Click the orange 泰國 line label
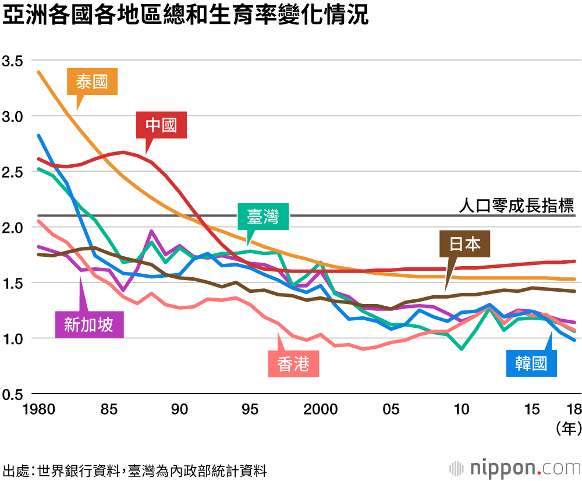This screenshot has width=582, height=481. [x=93, y=82]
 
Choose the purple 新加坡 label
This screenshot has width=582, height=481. [x=88, y=324]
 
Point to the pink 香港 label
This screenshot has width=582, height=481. [x=293, y=364]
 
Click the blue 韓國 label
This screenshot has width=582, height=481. [x=531, y=364]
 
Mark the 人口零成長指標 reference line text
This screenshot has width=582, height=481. [x=516, y=205]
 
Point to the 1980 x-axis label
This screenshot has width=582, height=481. [x=39, y=409]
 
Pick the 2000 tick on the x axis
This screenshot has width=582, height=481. [x=321, y=409]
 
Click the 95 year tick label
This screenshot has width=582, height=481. [x=250, y=409]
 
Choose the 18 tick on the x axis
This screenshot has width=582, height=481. [x=574, y=409]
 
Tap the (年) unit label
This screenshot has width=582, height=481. [x=569, y=429]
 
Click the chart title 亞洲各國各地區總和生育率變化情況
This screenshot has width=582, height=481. [x=186, y=16]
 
